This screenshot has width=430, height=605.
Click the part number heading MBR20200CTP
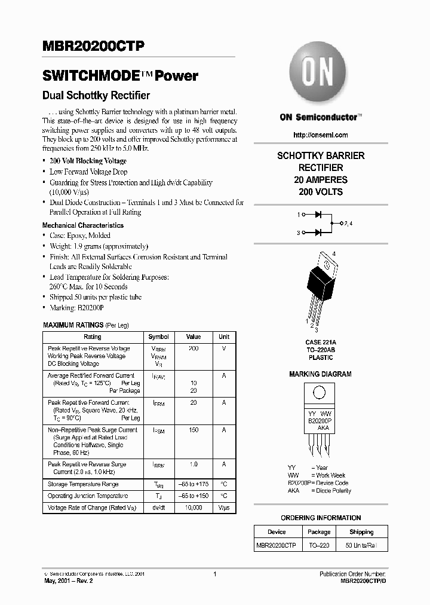[93, 47]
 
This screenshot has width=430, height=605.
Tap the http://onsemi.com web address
[321, 135]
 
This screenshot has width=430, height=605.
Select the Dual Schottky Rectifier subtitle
[96, 96]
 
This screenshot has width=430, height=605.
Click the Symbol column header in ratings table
[158, 337]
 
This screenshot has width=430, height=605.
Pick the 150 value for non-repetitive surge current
[193, 430]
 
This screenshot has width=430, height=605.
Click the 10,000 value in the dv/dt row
[193, 508]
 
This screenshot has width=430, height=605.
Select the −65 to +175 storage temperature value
[193, 484]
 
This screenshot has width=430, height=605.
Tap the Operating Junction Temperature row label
[88, 496]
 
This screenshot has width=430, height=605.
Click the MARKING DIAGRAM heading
[320, 374]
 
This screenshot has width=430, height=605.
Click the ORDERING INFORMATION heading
[321, 518]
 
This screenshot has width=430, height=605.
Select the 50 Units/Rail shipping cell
[361, 545]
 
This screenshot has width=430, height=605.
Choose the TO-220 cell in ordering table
[318, 545]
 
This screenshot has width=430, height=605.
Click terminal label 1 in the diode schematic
[298, 213]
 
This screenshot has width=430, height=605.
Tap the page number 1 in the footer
[214, 574]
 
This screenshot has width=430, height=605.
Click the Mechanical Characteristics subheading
[83, 225]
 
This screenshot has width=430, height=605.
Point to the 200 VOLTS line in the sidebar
[321, 192]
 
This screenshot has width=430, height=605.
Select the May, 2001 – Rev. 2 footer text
[67, 580]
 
